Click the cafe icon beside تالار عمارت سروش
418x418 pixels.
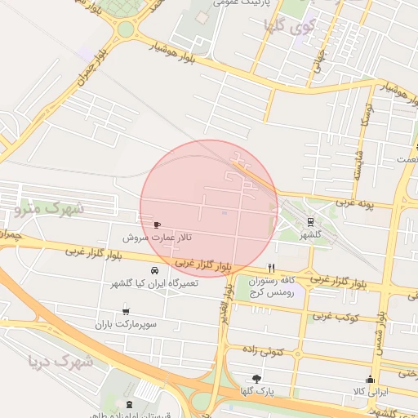click(157, 224)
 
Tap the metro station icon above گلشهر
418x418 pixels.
click(310, 220)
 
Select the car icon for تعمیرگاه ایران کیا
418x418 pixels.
click(154, 271)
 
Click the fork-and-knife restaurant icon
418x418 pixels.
click(271, 267)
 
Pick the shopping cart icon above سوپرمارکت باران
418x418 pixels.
click(126, 311)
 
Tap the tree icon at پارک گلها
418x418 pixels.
click(257, 379)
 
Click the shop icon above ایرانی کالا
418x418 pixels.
click(370, 379)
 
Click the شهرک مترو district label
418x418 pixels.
click(50, 209)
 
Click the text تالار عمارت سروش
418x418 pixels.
click(157, 238)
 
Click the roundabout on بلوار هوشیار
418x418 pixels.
click(125, 30)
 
